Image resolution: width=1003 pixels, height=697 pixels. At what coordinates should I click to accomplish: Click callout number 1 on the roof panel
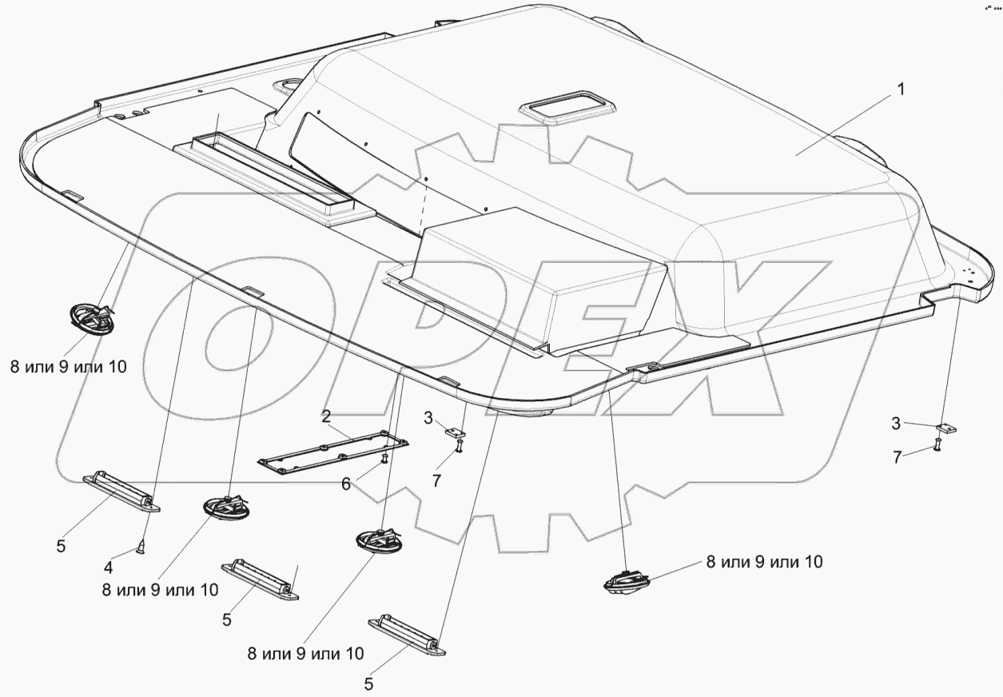tap(901, 90)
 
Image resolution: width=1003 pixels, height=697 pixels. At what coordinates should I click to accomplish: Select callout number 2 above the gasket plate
tap(326, 416)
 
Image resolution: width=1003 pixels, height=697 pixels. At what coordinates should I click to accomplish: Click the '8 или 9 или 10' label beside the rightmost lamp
tap(763, 563)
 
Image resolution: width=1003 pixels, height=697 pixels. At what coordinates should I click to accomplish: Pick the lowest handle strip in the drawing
tap(406, 636)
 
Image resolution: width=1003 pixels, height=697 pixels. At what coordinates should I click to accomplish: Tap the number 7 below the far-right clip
tap(898, 456)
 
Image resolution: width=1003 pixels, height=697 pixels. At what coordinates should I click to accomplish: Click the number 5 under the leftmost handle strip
tap(61, 548)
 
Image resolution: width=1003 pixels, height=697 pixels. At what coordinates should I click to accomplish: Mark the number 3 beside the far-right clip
tap(897, 423)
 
